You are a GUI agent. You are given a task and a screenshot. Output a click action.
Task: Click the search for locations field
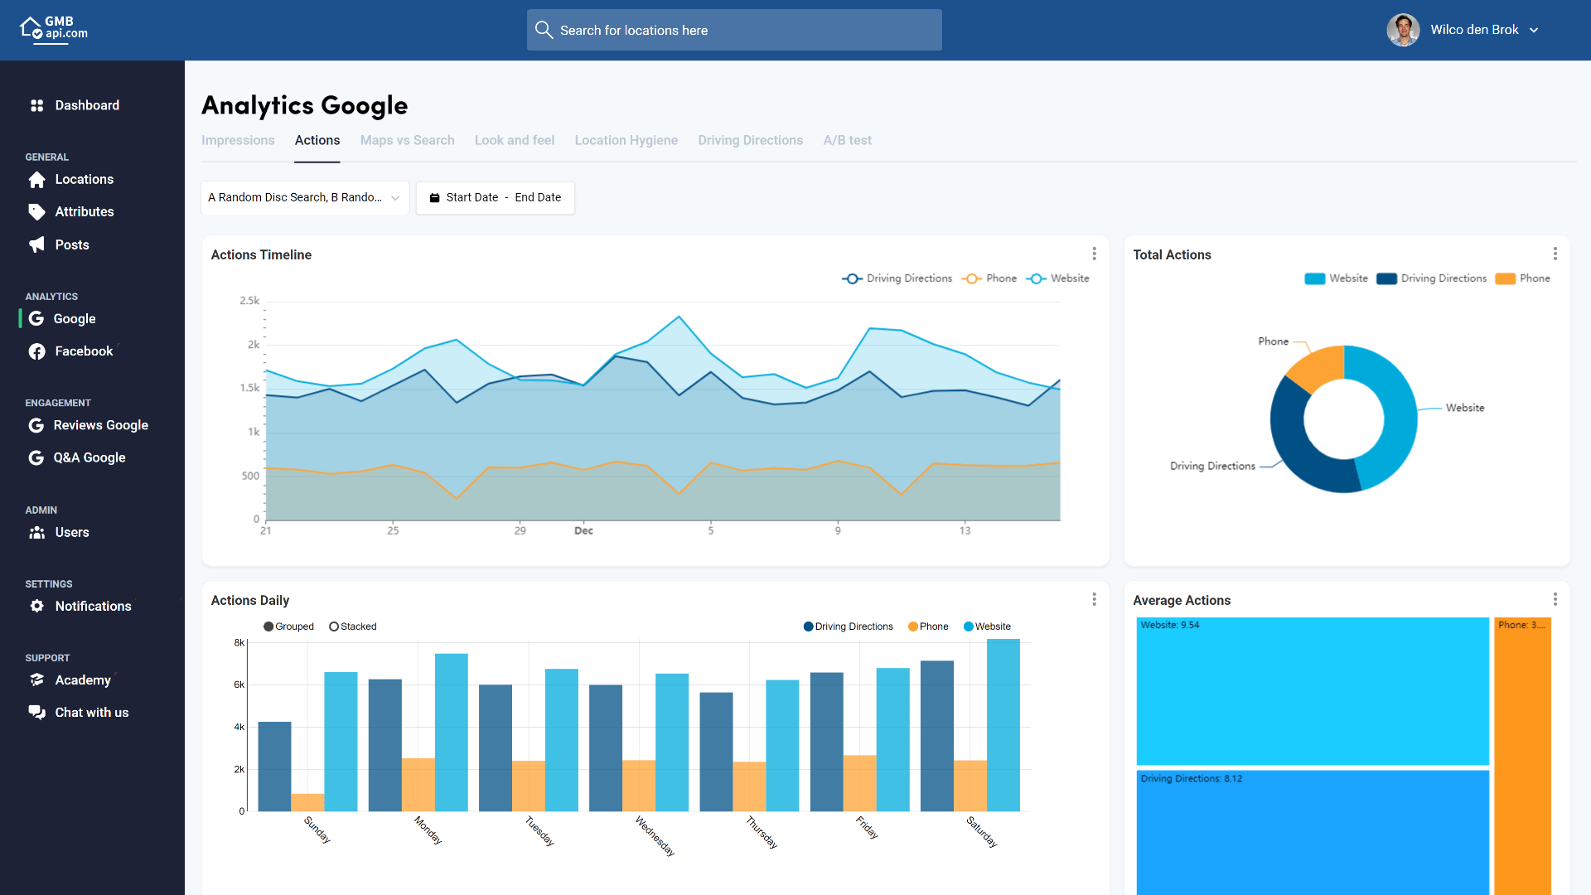tap(734, 30)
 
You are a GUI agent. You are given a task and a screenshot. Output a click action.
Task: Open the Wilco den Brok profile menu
tap(1463, 30)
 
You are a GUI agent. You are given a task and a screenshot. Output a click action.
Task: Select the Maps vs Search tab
tap(407, 140)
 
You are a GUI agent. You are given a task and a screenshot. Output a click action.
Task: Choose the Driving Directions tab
tap(750, 140)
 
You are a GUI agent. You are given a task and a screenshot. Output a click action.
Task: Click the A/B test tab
tap(847, 140)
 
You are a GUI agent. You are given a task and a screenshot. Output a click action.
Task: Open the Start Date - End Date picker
tap(496, 197)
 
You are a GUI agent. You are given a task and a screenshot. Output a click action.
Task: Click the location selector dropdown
tap(304, 197)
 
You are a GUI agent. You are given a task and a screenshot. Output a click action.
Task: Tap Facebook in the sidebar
tap(84, 351)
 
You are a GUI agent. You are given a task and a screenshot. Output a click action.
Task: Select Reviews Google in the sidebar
tap(100, 425)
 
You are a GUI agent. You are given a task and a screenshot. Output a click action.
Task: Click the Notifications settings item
tap(93, 606)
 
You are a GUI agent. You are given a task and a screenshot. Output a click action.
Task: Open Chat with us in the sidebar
tap(91, 713)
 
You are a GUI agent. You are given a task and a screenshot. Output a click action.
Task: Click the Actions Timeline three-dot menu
tap(1094, 254)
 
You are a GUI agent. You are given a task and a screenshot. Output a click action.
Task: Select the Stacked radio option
tap(334, 626)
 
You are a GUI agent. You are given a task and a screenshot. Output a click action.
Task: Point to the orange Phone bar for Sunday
tap(307, 802)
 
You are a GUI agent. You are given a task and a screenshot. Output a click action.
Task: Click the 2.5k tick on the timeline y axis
tap(249, 300)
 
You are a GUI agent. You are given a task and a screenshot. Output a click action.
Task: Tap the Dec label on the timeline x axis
tap(583, 530)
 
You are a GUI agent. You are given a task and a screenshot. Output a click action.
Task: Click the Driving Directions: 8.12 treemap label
tap(1191, 778)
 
